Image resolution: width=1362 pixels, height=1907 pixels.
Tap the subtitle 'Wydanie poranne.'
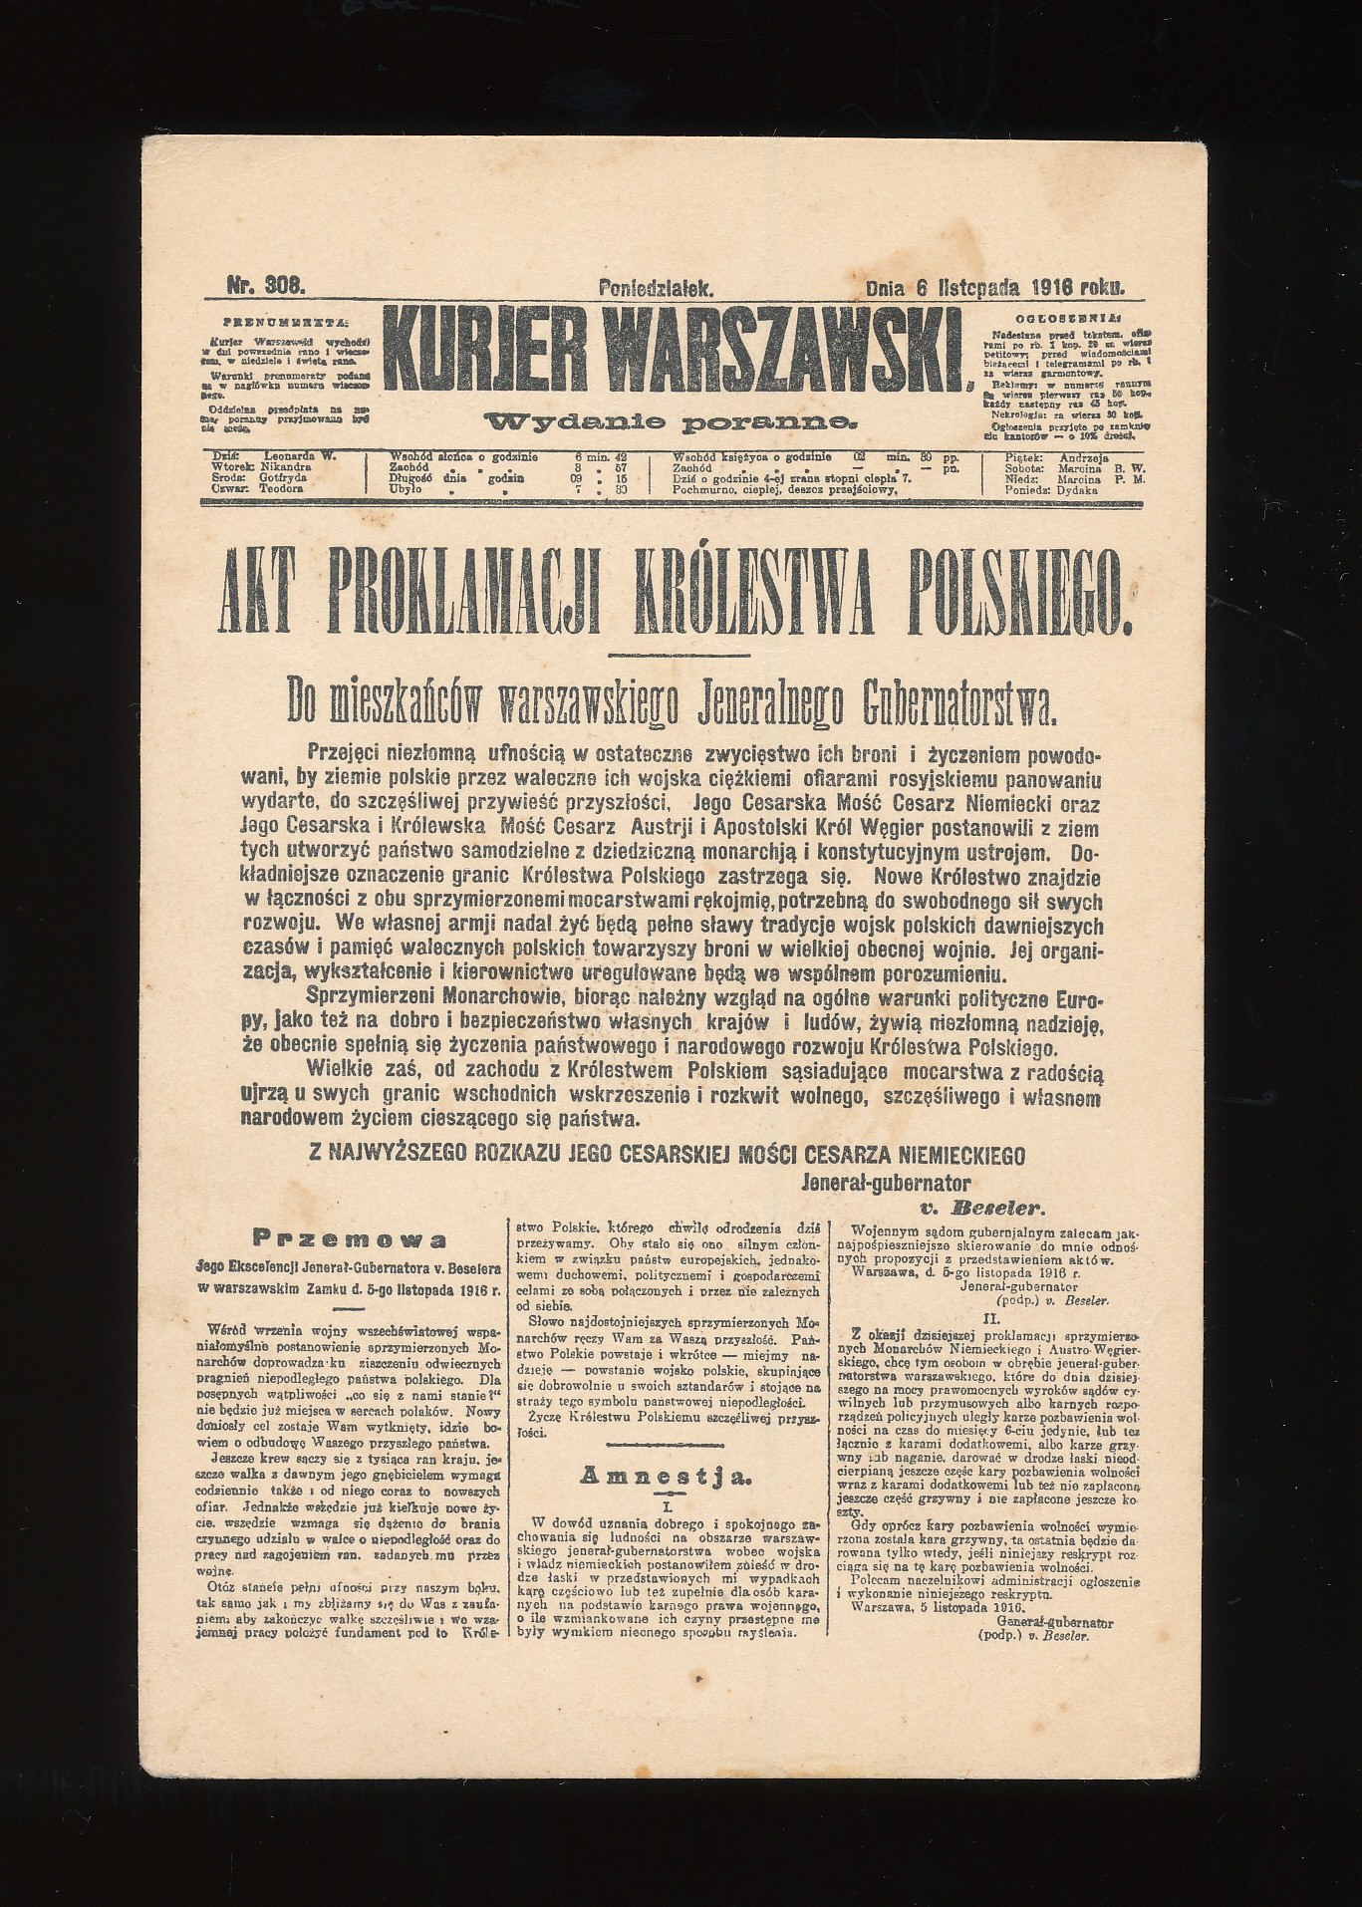tap(670, 422)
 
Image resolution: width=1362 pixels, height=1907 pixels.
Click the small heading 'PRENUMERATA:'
tap(286, 323)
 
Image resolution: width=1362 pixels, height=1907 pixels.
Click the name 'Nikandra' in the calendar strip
tap(287, 465)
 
